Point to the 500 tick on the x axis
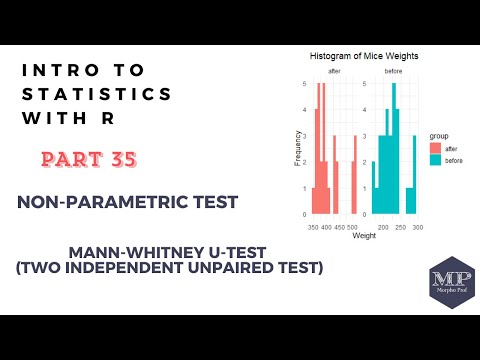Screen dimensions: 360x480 click(x=353, y=227)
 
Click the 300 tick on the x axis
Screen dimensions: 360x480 click(x=419, y=227)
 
